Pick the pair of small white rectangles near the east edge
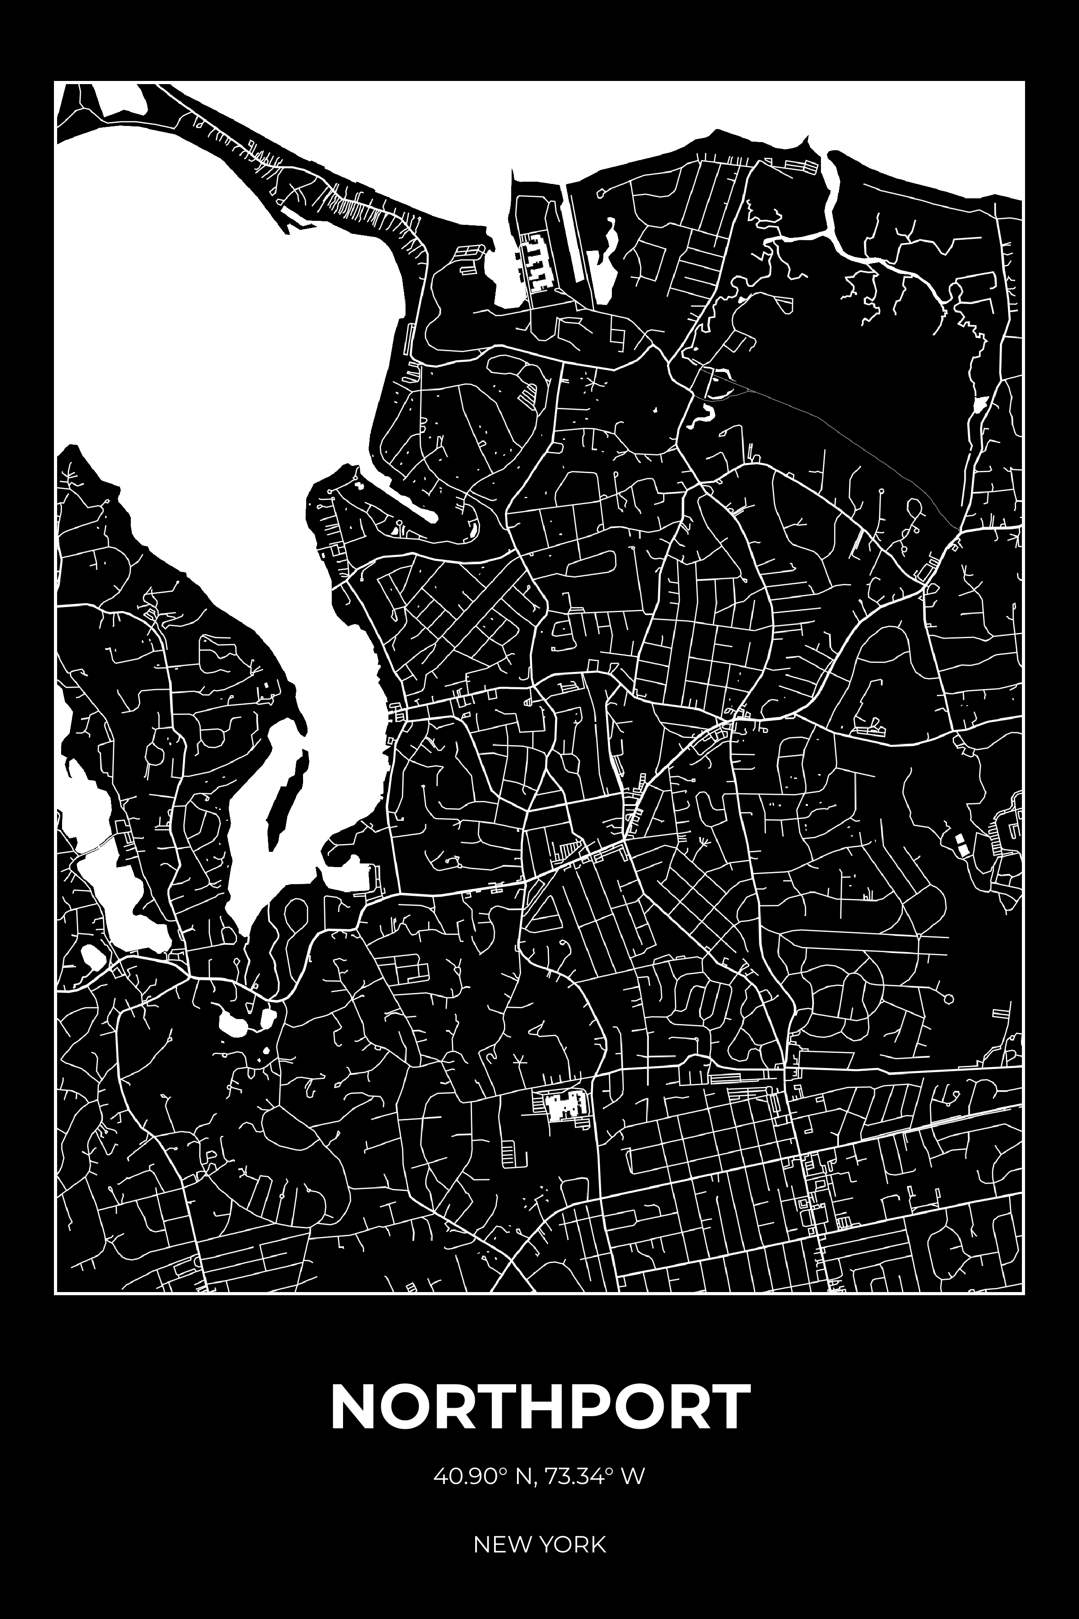(x=961, y=844)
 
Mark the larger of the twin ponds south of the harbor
(x=232, y=1025)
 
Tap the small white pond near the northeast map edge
(x=979, y=405)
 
